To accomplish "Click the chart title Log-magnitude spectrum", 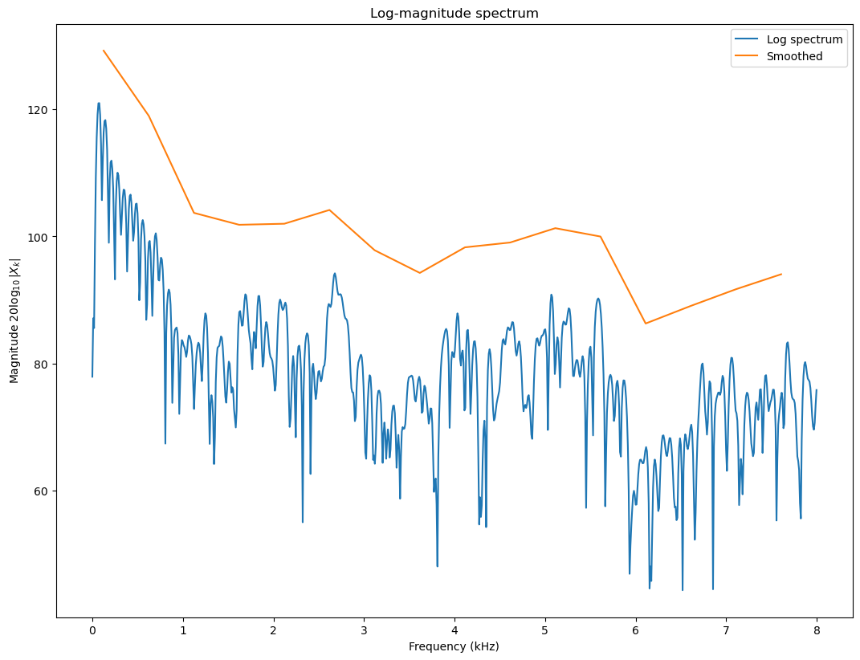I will [x=454, y=14].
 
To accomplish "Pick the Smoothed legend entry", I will [x=795, y=57].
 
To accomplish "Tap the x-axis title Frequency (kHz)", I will [x=454, y=646].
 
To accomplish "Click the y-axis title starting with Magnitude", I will [x=14, y=320].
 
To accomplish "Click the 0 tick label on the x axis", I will [x=92, y=630].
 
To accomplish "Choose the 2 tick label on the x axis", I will [x=274, y=630].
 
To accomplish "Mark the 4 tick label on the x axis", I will [x=454, y=630].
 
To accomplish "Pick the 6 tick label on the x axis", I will [x=636, y=630].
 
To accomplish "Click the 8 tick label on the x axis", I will [x=817, y=630].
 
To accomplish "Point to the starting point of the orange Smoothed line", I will [x=104, y=51].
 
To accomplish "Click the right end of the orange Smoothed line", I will [x=781, y=274].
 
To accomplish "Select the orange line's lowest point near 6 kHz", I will [x=646, y=324].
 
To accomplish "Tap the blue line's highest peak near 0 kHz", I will [x=99, y=103].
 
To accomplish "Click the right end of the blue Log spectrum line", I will [x=817, y=390].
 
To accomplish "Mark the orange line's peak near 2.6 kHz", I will [x=329, y=210].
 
